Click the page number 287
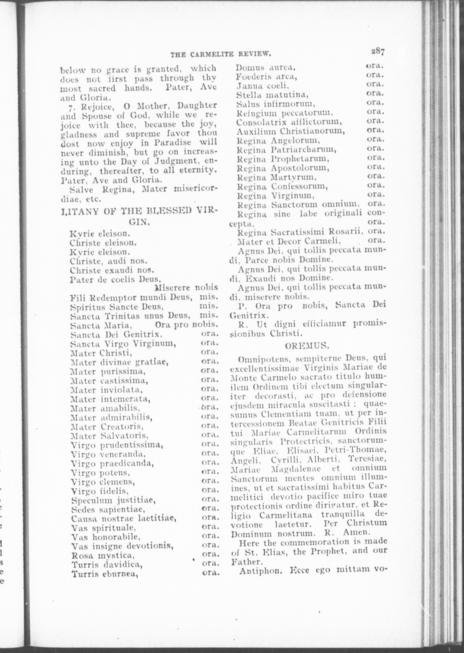click(377, 52)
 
